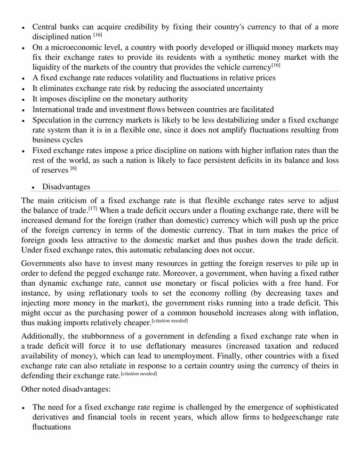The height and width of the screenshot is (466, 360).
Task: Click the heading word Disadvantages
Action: pyautogui.click(x=66, y=187)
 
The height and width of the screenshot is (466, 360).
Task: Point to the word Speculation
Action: pyautogui.click(x=53, y=120)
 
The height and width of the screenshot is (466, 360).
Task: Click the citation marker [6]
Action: pyautogui.click(x=74, y=168)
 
